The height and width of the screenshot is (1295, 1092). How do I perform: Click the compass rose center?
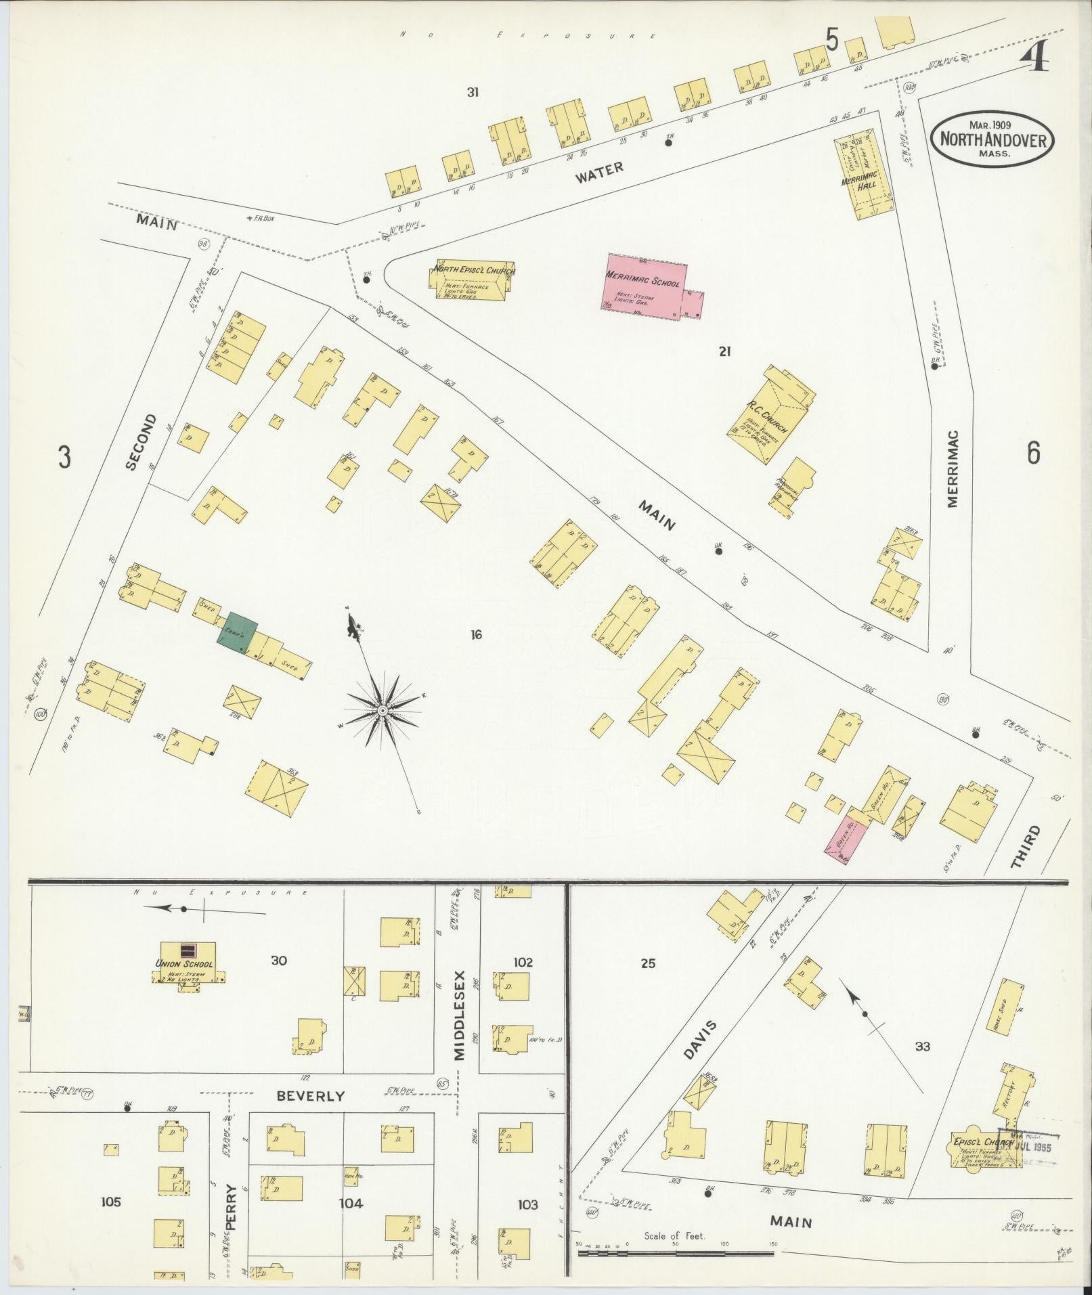(x=383, y=710)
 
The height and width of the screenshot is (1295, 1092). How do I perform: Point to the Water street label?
(x=599, y=173)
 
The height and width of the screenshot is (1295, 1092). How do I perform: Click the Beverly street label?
(x=310, y=1095)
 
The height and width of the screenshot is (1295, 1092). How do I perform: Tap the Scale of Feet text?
(x=674, y=1235)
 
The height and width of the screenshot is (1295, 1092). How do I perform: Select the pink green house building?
(x=846, y=837)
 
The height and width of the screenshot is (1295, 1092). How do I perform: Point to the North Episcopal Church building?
(x=473, y=279)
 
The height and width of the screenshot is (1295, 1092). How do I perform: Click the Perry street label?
(x=231, y=1206)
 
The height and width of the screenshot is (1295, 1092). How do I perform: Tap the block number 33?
(x=922, y=1046)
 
